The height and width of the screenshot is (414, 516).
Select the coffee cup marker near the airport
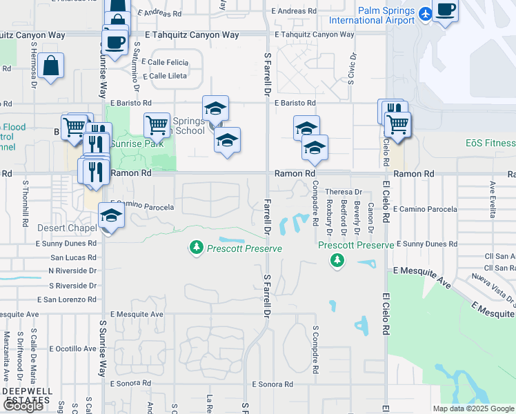click(x=446, y=11)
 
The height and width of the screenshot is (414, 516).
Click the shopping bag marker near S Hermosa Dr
click(x=51, y=66)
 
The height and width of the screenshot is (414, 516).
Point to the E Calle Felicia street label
click(x=163, y=61)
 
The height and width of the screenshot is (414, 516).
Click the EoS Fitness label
click(x=490, y=143)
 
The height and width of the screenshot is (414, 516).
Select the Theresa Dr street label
click(x=344, y=192)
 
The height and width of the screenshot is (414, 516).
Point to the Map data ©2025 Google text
click(x=473, y=408)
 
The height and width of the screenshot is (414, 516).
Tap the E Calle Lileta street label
click(x=163, y=75)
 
